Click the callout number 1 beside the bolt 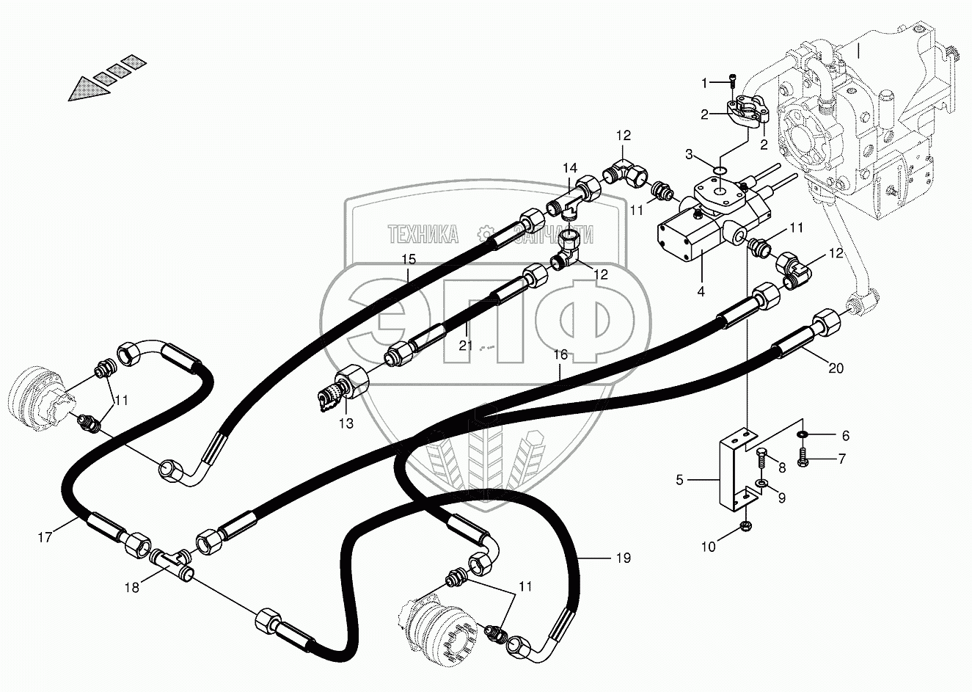pyautogui.click(x=705, y=83)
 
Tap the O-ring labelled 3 pyautogui.click(x=720, y=171)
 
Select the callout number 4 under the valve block pyautogui.click(x=701, y=291)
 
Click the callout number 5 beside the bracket pyautogui.click(x=680, y=480)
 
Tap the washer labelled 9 pyautogui.click(x=763, y=484)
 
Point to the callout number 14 pyautogui.click(x=570, y=169)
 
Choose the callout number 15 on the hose pyautogui.click(x=409, y=259)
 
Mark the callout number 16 pyautogui.click(x=560, y=354)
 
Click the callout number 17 pyautogui.click(x=45, y=538)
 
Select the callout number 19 pyautogui.click(x=623, y=558)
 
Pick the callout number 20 pyautogui.click(x=836, y=368)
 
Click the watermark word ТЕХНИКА pyautogui.click(x=423, y=235)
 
